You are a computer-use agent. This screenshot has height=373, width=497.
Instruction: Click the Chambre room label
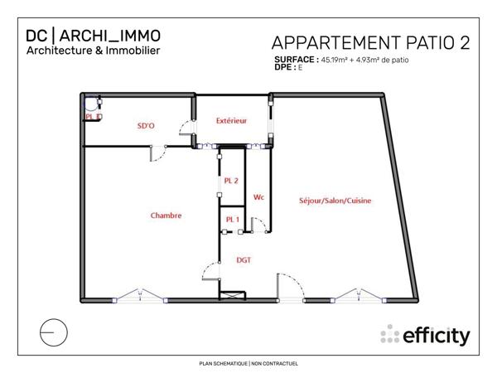pyautogui.click(x=166, y=216)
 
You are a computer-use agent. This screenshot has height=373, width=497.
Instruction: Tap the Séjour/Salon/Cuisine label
pyautogui.click(x=335, y=201)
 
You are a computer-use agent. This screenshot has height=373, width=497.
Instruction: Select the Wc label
pyautogui.click(x=258, y=197)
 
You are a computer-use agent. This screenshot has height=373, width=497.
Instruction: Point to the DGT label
pyautogui.click(x=244, y=259)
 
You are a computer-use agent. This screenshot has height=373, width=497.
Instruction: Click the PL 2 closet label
pyautogui.click(x=231, y=180)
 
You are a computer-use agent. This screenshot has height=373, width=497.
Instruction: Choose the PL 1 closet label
pyautogui.click(x=232, y=219)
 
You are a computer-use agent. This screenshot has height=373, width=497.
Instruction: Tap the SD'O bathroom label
pyautogui.click(x=146, y=126)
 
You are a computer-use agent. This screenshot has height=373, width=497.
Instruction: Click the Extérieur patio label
pyautogui.click(x=232, y=121)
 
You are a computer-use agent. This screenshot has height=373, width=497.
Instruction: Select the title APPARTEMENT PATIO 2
pyautogui.click(x=370, y=43)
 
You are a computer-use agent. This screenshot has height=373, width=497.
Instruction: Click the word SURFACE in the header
pyautogui.click(x=295, y=61)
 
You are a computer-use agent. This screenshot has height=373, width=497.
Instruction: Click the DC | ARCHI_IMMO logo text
pyautogui.click(x=93, y=36)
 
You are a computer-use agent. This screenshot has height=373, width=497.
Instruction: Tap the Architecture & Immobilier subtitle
pyautogui.click(x=93, y=51)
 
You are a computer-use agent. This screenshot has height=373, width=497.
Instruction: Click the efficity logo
pyautogui.click(x=426, y=336)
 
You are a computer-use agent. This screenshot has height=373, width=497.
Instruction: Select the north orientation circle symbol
pyautogui.click(x=52, y=332)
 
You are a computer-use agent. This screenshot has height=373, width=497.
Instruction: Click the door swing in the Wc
pyautogui.click(x=259, y=224)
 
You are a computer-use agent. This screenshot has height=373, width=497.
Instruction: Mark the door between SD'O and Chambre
pyautogui.click(x=157, y=153)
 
